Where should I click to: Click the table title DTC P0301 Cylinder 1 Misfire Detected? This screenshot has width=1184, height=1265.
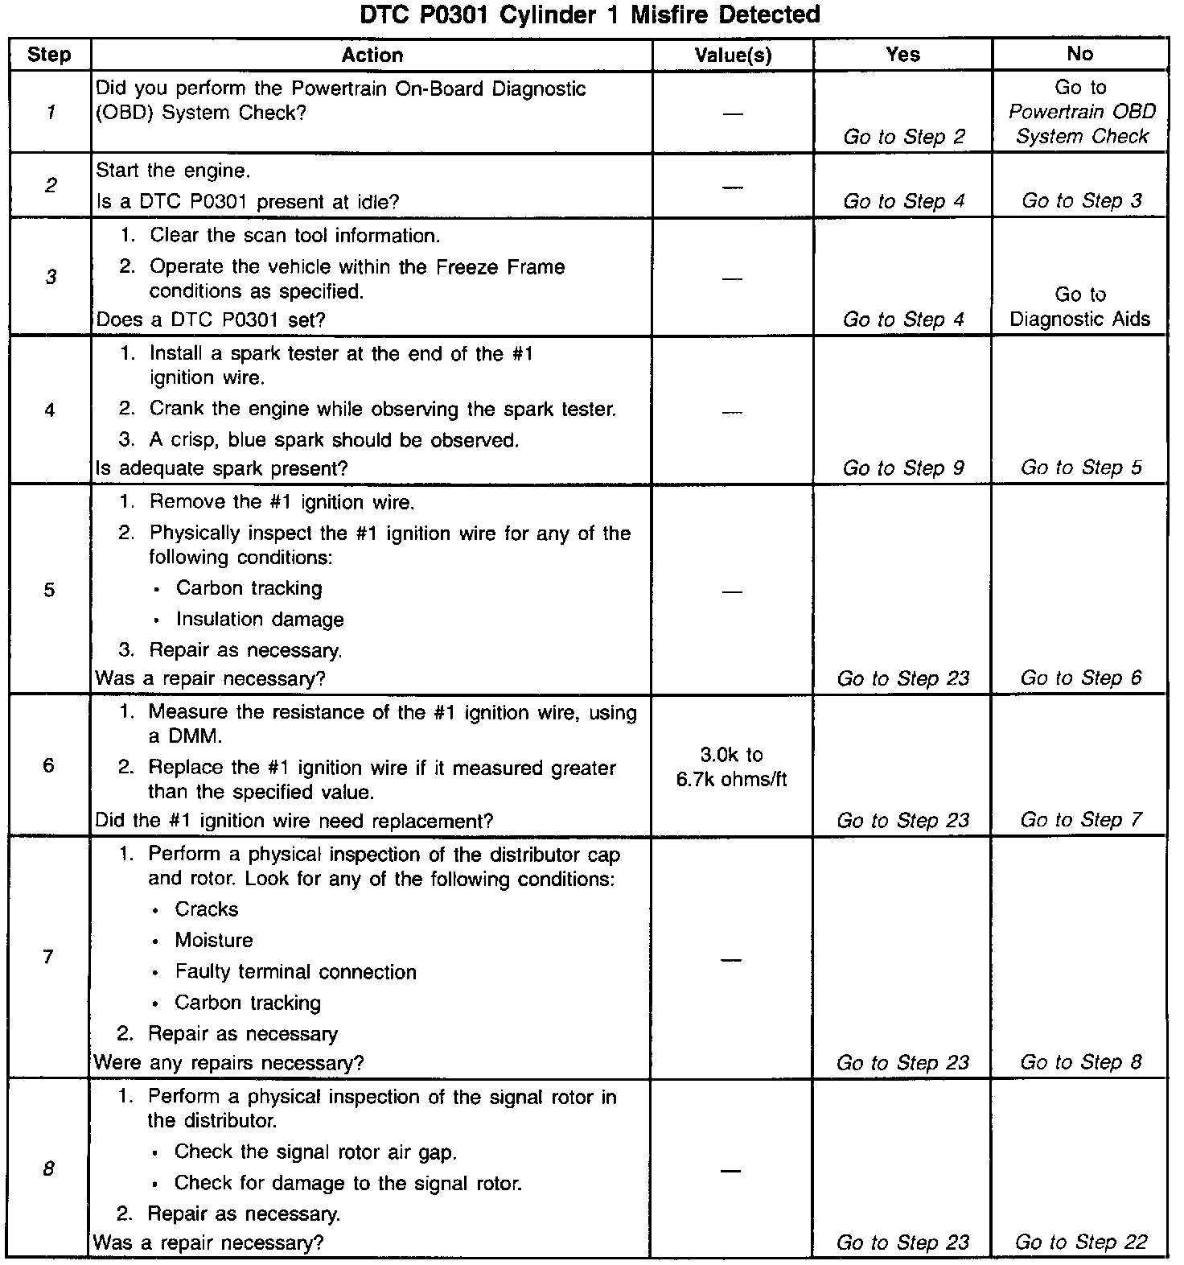click(x=590, y=14)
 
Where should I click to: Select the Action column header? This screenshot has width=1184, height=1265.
click(x=372, y=55)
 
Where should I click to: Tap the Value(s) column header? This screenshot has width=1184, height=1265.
click(x=732, y=55)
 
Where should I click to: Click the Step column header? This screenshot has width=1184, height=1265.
click(x=49, y=55)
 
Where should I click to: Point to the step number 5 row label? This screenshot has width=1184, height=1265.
click(x=49, y=590)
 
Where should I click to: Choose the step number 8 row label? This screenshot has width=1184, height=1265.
click(x=48, y=1168)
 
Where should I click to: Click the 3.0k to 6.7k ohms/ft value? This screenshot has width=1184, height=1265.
click(x=731, y=767)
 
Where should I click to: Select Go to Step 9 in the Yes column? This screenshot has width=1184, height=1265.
click(x=902, y=468)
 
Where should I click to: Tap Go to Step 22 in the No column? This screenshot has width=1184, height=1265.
click(x=1080, y=1242)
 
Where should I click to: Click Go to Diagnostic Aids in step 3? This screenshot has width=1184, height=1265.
click(x=1079, y=307)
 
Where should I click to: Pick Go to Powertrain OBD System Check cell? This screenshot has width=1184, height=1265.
click(x=1081, y=112)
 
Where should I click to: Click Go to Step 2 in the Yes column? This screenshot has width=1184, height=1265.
click(x=903, y=137)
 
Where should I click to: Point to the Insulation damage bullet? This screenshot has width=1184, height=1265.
click(x=259, y=620)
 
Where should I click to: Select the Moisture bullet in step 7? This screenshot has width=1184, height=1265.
click(x=213, y=941)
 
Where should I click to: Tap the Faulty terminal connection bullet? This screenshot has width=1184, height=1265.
click(x=295, y=972)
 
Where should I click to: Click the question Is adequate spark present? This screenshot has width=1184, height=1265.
click(x=221, y=468)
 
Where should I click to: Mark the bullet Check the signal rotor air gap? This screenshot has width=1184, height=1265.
click(x=315, y=1152)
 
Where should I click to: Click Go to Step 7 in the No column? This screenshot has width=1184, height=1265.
click(x=1080, y=821)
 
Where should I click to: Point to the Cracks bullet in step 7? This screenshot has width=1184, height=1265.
click(x=206, y=909)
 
